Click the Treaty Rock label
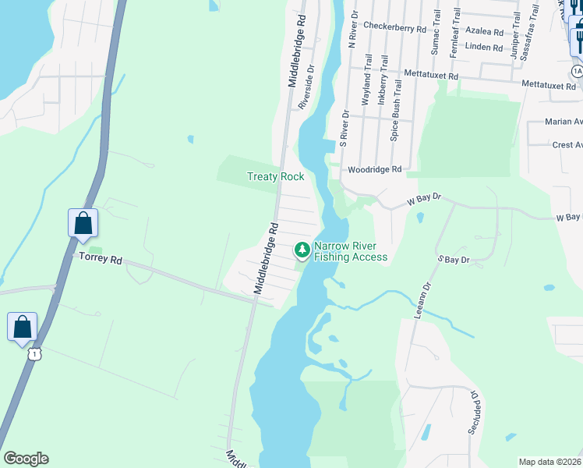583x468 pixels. (276, 176)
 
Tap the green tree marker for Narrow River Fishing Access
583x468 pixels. (302, 250)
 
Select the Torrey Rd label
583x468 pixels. (100, 259)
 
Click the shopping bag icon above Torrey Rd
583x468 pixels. (83, 224)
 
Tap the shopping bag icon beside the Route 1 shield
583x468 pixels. (23, 327)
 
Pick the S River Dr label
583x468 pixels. (343, 129)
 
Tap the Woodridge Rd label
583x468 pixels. (375, 169)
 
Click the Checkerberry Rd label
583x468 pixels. (394, 27)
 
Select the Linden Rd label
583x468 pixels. (484, 48)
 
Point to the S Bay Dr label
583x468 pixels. (454, 259)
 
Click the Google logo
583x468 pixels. (26, 459)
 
